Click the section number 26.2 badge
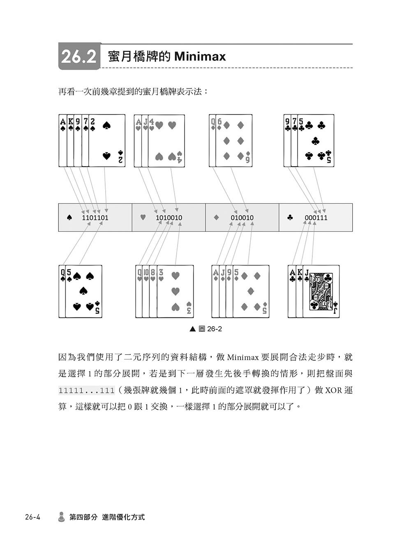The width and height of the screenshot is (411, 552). (x=80, y=56)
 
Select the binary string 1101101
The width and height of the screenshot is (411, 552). (x=95, y=217)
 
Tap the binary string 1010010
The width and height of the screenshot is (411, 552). (x=169, y=217)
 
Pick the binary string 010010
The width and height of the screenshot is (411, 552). (x=242, y=217)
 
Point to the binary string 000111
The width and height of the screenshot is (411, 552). (x=316, y=217)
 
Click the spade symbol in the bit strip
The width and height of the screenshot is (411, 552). (x=69, y=217)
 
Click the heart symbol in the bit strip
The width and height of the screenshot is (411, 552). (x=143, y=217)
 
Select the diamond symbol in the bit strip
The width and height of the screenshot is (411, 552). (x=216, y=217)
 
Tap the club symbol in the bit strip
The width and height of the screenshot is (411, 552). (x=290, y=217)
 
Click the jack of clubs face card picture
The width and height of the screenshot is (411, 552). (x=321, y=291)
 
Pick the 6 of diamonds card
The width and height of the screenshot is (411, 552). (x=234, y=141)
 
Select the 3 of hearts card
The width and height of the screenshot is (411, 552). (x=176, y=291)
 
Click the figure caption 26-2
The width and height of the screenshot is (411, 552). (x=214, y=329)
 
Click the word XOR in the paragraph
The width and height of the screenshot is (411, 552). (x=333, y=390)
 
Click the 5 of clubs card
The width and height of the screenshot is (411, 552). (x=316, y=141)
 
